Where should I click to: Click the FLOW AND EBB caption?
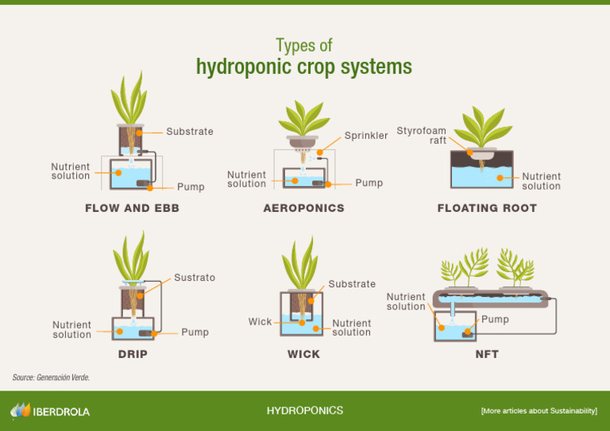click(x=132, y=209)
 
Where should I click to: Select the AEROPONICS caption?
click(x=303, y=209)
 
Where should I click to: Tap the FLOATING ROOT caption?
click(x=487, y=209)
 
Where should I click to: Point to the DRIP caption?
click(x=133, y=354)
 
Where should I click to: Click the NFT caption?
click(x=487, y=354)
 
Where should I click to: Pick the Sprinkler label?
click(x=366, y=136)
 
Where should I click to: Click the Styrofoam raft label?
click(x=422, y=136)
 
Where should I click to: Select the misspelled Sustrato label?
click(x=195, y=278)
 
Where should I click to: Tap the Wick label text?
click(x=260, y=321)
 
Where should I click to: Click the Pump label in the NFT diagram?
click(x=495, y=320)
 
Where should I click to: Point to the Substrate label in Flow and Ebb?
click(x=190, y=132)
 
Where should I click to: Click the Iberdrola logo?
click(x=50, y=411)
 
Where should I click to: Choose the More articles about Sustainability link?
click(x=539, y=411)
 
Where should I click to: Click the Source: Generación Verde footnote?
click(x=51, y=378)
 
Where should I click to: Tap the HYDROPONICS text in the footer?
click(x=305, y=411)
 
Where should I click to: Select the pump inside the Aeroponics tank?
click(x=317, y=183)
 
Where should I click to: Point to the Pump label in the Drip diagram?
click(x=195, y=332)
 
